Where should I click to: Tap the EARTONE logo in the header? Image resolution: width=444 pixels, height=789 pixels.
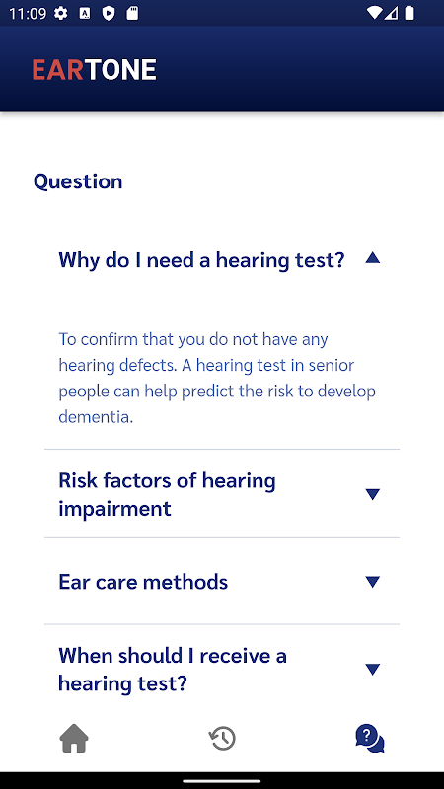(94, 70)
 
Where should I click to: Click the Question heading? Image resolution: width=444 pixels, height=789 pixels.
(78, 181)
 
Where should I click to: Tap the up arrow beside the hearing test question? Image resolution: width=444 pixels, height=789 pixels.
(373, 258)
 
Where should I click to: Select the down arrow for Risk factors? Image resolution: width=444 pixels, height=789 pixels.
(373, 494)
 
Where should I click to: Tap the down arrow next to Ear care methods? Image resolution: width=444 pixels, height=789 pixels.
(373, 582)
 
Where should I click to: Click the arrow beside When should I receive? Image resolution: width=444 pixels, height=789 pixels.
(373, 670)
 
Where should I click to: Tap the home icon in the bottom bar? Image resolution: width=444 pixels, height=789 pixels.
(74, 738)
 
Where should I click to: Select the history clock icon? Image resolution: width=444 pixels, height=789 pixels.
(222, 738)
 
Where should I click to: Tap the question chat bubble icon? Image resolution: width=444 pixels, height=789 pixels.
(370, 738)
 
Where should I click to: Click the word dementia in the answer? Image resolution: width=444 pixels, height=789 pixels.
(96, 416)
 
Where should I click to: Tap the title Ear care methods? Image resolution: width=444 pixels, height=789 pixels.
(143, 582)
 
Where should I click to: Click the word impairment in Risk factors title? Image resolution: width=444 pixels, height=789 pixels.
(114, 509)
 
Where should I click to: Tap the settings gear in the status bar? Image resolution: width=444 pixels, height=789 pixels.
(61, 14)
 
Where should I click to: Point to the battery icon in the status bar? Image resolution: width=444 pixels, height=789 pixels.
(409, 13)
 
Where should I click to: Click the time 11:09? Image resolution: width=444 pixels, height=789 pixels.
(28, 14)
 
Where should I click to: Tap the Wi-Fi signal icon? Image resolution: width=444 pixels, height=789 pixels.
(375, 13)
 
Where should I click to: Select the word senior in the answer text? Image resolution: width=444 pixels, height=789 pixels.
(331, 365)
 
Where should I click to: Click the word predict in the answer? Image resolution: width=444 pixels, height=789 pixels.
(209, 392)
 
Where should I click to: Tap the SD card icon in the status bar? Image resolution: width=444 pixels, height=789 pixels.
(132, 14)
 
